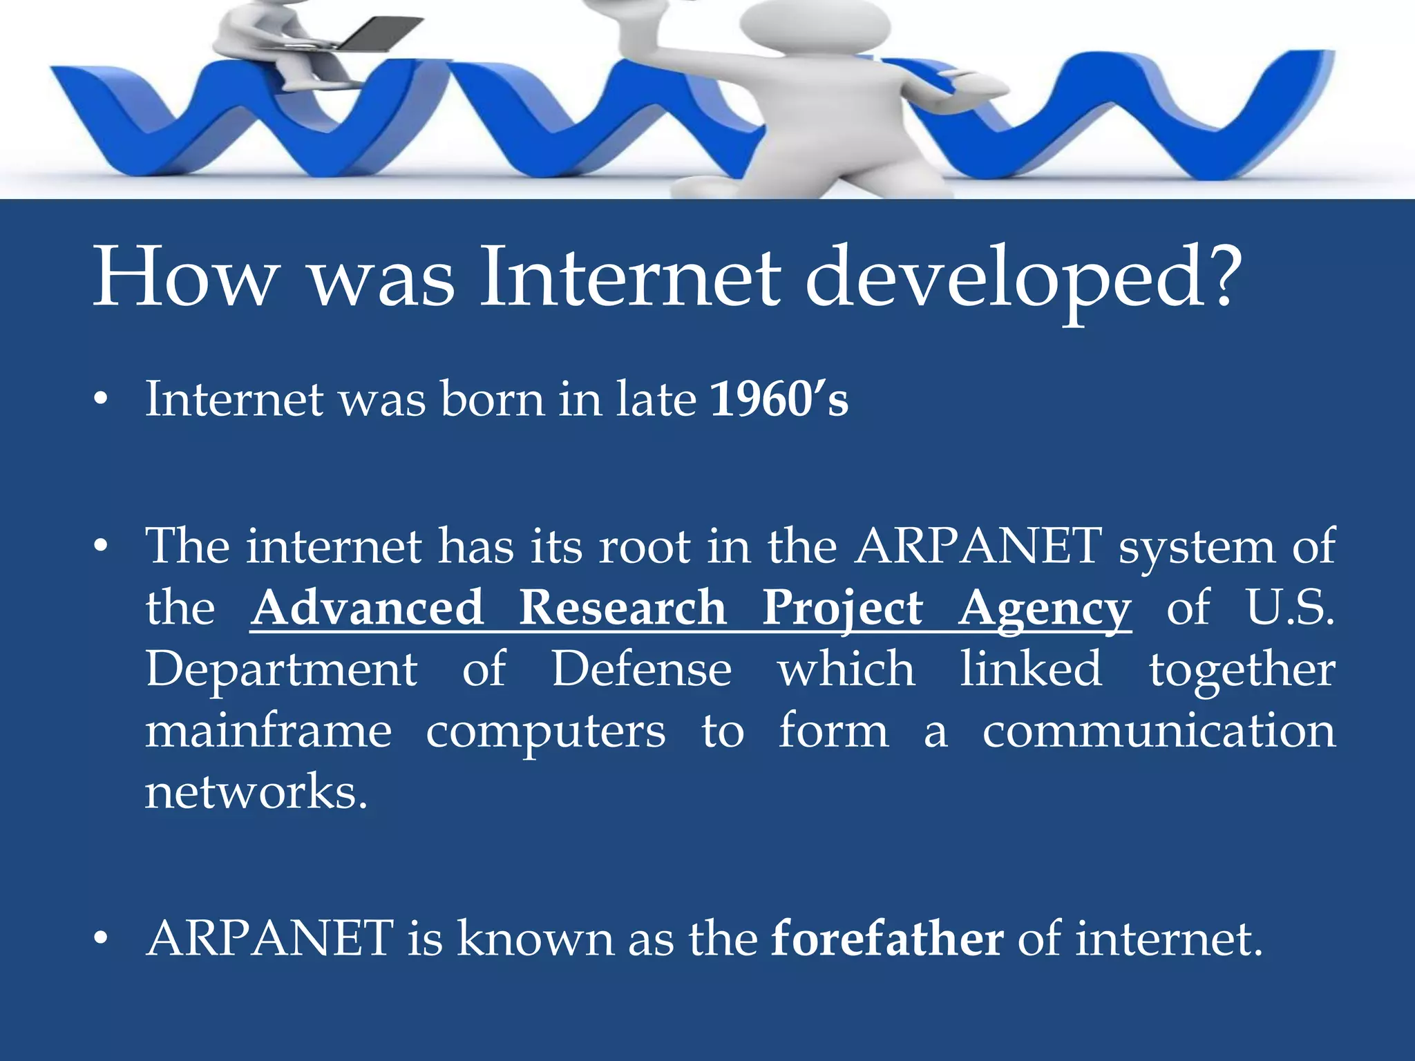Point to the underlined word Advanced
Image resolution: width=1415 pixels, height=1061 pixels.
click(x=367, y=608)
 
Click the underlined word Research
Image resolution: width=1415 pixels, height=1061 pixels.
click(x=622, y=608)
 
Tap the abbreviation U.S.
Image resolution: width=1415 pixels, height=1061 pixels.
click(x=1289, y=608)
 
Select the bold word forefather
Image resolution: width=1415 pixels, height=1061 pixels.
click(x=886, y=939)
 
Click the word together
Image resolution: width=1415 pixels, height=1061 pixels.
click(x=1242, y=670)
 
